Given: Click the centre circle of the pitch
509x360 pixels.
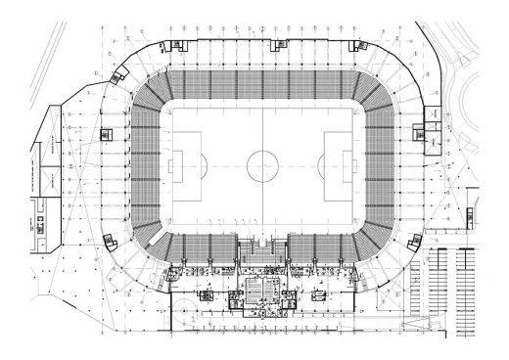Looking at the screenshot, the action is pyautogui.click(x=262, y=165).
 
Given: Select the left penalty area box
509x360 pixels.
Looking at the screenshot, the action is pyautogui.click(x=182, y=165).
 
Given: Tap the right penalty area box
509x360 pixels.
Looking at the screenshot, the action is pyautogui.click(x=341, y=165).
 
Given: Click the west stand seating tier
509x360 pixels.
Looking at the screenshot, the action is pyautogui.click(x=143, y=165).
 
